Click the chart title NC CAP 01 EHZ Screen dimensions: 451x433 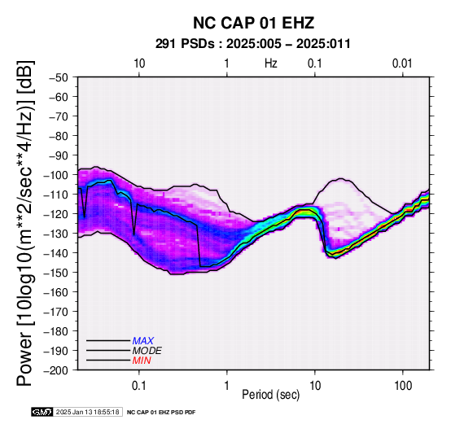pos(253,23)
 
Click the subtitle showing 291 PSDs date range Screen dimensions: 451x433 pos(253,44)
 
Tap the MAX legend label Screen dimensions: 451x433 pos(143,341)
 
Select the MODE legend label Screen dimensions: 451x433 pos(147,351)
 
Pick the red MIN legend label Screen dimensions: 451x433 pos(142,361)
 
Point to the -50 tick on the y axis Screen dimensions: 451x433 pos(58,77)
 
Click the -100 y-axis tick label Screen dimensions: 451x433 pos(56,175)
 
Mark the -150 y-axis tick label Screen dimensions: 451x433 pos(56,273)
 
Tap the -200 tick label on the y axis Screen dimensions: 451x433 pos(56,370)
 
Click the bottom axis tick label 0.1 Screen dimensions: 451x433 pos(139,386)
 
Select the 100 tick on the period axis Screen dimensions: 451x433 pos(403,386)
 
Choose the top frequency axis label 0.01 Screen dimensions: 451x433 pos(402,63)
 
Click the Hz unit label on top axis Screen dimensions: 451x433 pos(271,63)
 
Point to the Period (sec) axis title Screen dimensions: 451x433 pos(271,395)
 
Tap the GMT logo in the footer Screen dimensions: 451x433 pos(42,412)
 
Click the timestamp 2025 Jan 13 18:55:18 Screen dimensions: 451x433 pos(88,412)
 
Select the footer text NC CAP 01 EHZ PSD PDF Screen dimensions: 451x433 pos(161,413)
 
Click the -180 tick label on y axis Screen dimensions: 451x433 pos(56,331)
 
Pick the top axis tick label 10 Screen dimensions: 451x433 pos(139,63)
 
